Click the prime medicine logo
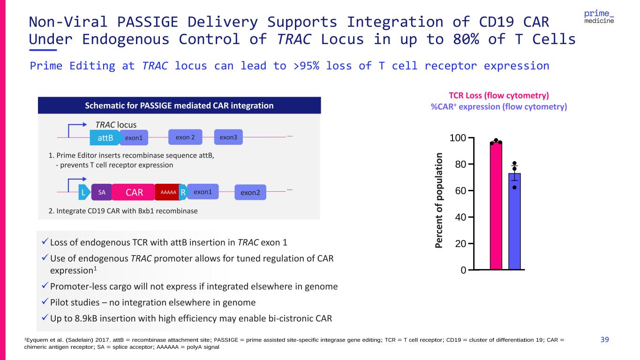click(x=599, y=17)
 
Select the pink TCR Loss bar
click(x=496, y=205)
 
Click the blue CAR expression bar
click(x=514, y=221)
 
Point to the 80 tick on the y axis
click(x=471, y=164)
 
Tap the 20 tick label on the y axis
click(x=460, y=244)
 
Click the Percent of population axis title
click(x=438, y=200)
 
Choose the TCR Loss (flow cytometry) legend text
click(x=499, y=96)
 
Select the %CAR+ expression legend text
click(x=499, y=107)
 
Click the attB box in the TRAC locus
click(x=105, y=138)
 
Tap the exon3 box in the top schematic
click(x=228, y=137)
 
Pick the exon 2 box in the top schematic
click(x=185, y=137)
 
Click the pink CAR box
click(x=134, y=192)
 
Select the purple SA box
click(x=102, y=192)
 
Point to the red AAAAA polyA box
click(x=168, y=192)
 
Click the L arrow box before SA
click(x=84, y=192)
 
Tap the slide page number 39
click(x=604, y=339)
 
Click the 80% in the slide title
click(x=466, y=39)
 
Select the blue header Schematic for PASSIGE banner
click(x=180, y=105)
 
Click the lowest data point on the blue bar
click(x=514, y=187)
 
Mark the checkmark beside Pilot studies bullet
click(x=45, y=301)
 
